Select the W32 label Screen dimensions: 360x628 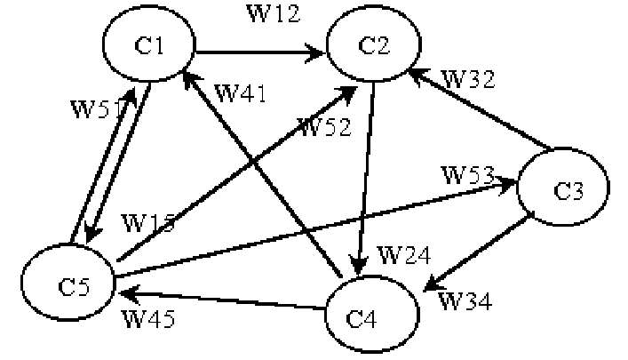tap(467, 77)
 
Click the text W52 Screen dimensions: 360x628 tap(325, 128)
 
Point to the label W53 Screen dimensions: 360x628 tap(471, 173)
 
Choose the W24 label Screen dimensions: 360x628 tap(404, 256)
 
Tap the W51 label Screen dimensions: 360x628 tap(95, 108)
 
